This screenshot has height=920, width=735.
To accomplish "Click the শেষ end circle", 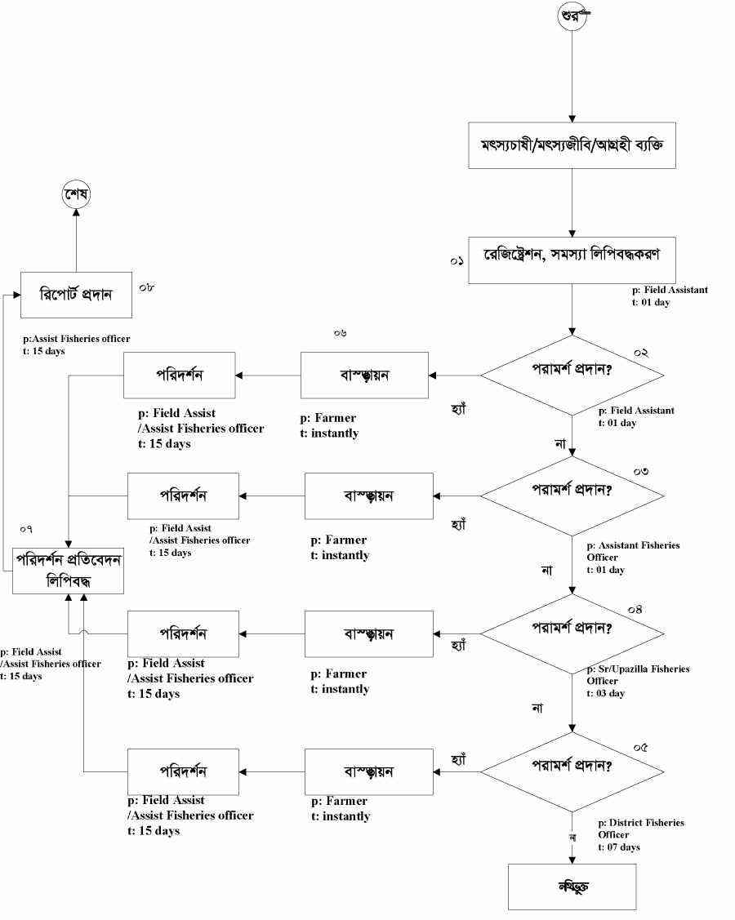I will coord(76,195).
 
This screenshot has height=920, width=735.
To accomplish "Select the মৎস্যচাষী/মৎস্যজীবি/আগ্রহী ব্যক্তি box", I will coord(572,145).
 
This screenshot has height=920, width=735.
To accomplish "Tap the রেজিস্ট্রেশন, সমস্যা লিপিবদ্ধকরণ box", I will coord(572,260).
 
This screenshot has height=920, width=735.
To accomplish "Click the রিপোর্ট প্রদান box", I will coord(75,294).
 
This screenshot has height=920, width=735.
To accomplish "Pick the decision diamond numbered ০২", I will coord(572,376).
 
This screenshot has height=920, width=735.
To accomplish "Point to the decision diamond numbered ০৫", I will coord(572,771).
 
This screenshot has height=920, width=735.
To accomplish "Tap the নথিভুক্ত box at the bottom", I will coord(572,887).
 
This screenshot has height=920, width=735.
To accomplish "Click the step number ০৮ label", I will coord(147,288).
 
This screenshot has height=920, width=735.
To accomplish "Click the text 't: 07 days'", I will coord(618,847).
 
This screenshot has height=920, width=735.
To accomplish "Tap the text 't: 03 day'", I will coord(605,693).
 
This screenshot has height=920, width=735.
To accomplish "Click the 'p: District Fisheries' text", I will coord(641,823).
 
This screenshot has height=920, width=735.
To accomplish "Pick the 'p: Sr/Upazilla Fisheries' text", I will coord(638,669).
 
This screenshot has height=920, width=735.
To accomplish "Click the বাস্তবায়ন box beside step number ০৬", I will coord(364,376).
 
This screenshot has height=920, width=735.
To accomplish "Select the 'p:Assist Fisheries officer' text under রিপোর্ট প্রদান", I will coord(78,338).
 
